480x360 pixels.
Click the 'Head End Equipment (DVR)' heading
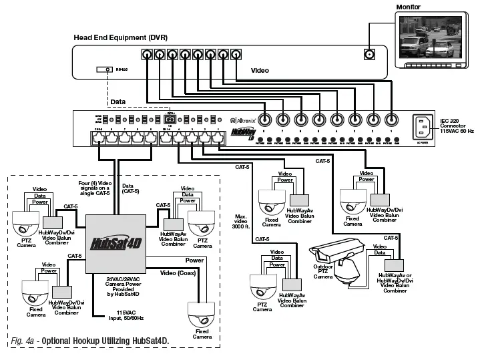(120, 37)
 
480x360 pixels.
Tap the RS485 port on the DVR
(104, 69)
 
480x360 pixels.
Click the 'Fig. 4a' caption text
(90, 342)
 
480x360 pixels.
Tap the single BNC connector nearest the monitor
(367, 56)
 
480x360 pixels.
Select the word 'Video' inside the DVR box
(260, 69)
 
